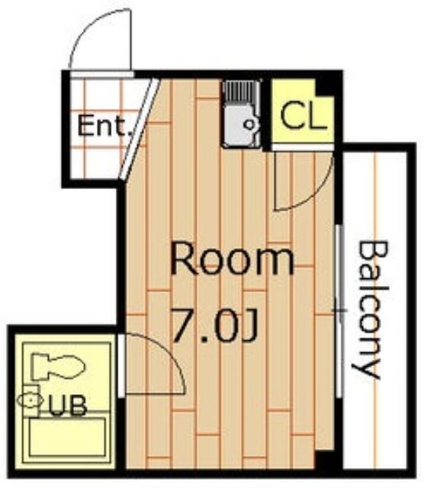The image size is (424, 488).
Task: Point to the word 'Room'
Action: pyautogui.click(x=233, y=259)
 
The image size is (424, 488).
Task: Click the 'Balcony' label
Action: pyautogui.click(x=371, y=309)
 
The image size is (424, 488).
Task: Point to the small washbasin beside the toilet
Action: pyautogui.click(x=31, y=400)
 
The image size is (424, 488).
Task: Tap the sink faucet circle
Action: pyautogui.click(x=249, y=125)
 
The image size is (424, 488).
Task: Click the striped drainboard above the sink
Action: pyautogui.click(x=241, y=92)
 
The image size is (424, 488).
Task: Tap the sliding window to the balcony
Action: pyautogui.click(x=340, y=310)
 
